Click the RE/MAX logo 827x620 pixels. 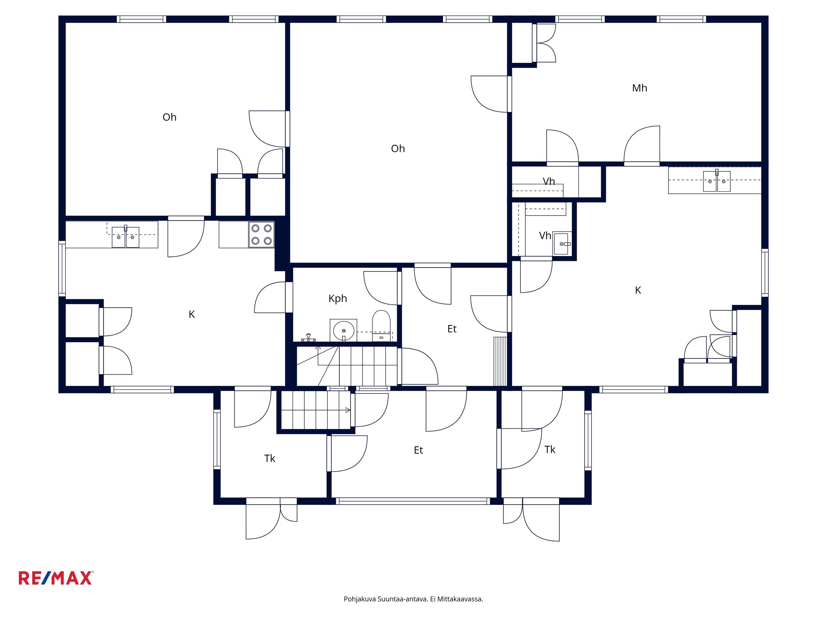pyautogui.click(x=56, y=578)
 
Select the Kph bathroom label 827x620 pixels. pyautogui.click(x=338, y=299)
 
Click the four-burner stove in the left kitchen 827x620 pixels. pyautogui.click(x=261, y=234)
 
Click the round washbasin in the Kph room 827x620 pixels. pyautogui.click(x=343, y=330)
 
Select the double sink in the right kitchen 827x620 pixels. pyautogui.click(x=717, y=181)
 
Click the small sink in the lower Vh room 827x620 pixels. pyautogui.click(x=562, y=244)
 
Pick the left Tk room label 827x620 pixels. pyautogui.click(x=270, y=459)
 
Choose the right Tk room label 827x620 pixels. pyautogui.click(x=550, y=449)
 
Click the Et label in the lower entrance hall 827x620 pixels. pyautogui.click(x=418, y=450)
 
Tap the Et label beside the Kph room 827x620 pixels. pyautogui.click(x=452, y=329)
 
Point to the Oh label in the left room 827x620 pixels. pyautogui.click(x=169, y=117)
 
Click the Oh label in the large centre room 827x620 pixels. pyautogui.click(x=398, y=149)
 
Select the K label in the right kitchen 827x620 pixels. pyautogui.click(x=638, y=290)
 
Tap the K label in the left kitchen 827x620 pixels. pyautogui.click(x=192, y=315)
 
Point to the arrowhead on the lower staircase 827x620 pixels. pyautogui.click(x=348, y=410)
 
